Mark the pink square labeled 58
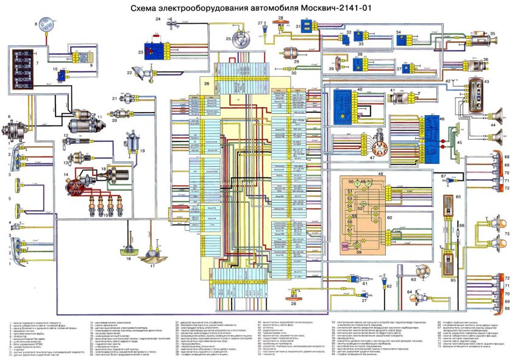click(x=345, y=245)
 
